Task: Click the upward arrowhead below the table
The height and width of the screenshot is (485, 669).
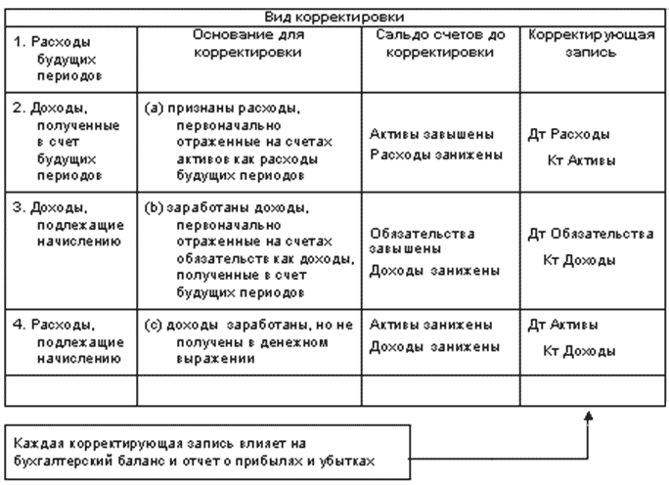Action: (589, 417)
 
